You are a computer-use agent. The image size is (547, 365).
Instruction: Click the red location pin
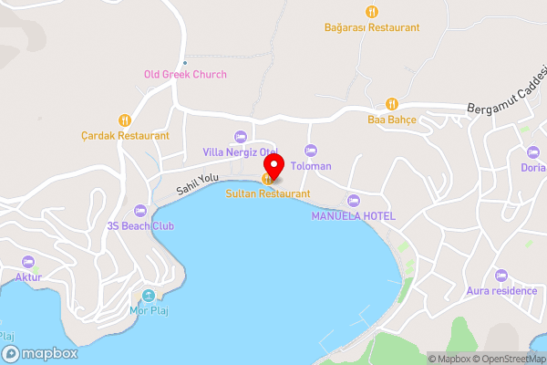(273, 165)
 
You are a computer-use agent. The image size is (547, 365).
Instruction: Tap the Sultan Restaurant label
(268, 193)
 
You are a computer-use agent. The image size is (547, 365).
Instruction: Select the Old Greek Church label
(185, 74)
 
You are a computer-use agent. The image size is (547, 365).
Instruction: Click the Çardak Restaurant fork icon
(124, 120)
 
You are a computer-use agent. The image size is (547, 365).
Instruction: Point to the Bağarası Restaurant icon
(371, 12)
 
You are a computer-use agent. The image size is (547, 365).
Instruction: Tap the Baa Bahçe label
(391, 119)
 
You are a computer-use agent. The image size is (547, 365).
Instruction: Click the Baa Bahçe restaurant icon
(391, 103)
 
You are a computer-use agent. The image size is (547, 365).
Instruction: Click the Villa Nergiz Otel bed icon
(241, 136)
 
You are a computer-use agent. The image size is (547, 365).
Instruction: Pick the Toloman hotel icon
(310, 151)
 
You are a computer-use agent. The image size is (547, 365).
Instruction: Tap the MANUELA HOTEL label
(353, 215)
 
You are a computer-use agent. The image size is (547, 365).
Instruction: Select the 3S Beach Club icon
(139, 210)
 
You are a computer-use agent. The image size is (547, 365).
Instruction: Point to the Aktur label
(28, 276)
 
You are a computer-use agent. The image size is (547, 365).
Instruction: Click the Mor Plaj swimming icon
(149, 296)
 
